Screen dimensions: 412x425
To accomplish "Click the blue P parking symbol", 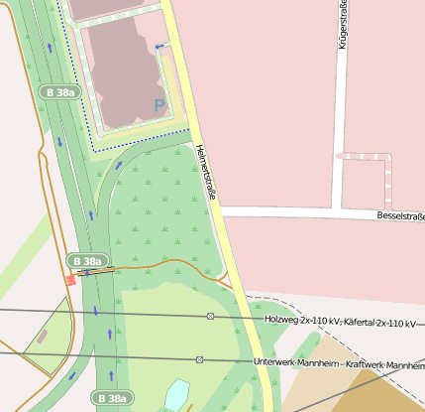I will click(159, 104).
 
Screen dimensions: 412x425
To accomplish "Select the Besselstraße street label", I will click(400, 215).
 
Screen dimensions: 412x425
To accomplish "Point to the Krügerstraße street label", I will click(344, 26).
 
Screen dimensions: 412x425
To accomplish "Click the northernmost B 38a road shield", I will click(59, 91).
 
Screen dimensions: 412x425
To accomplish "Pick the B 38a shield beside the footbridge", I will click(86, 261).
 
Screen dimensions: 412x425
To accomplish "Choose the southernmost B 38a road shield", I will click(112, 398).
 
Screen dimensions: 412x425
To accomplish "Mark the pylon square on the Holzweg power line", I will click(210, 316).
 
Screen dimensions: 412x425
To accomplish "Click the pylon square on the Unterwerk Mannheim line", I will click(199, 359).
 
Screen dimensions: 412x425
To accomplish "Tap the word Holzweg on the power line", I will click(285, 320).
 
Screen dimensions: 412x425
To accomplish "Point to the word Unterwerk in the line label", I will click(276, 363).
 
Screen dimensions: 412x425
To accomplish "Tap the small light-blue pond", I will click(177, 394).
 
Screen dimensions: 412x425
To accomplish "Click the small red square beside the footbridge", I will click(70, 280).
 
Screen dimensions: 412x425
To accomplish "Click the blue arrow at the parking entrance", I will click(159, 47).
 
